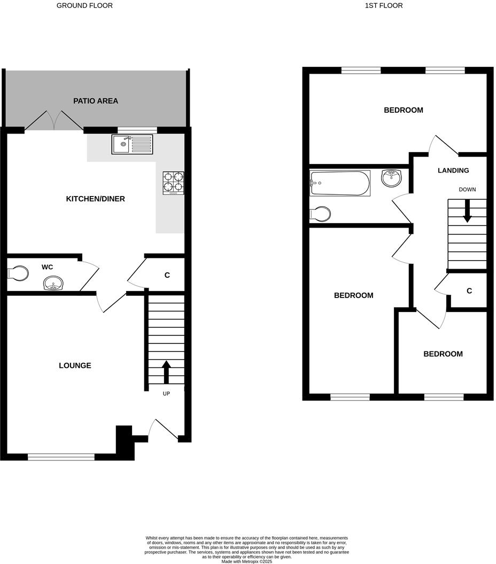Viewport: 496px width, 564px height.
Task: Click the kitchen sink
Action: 132,144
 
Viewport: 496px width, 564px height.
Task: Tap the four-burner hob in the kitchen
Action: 173,182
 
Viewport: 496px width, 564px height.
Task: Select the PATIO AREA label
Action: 96,101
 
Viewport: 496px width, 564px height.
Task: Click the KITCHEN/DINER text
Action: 95,199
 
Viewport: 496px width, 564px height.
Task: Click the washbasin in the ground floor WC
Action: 53,283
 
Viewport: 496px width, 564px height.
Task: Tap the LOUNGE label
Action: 75,366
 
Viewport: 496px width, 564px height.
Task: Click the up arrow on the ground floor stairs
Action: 166,372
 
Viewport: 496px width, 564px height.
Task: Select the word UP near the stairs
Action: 166,394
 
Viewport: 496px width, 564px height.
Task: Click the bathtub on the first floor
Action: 339,183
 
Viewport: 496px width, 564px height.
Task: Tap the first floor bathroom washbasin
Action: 392,178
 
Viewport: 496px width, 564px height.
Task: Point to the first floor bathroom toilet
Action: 320,214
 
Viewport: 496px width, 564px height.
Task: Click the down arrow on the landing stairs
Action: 467,211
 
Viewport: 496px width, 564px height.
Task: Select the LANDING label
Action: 453,171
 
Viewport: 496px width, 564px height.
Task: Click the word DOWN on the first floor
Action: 467,190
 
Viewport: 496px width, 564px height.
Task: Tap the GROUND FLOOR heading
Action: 84,6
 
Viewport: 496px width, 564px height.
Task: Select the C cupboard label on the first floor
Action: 469,291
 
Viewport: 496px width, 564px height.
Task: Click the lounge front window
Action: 61,457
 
